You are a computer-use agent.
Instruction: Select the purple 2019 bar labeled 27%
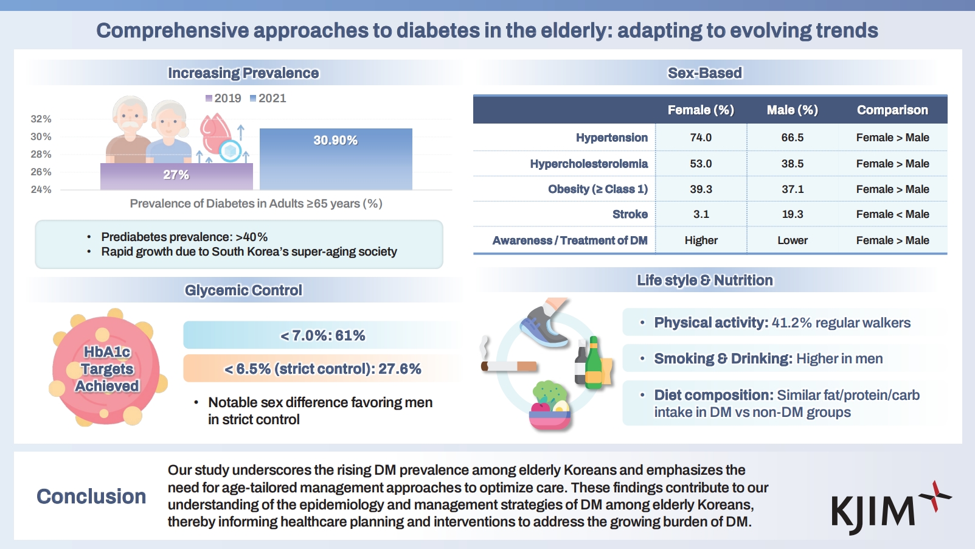tap(176, 176)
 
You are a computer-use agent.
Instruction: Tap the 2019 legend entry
tap(223, 99)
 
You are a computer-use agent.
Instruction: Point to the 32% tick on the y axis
tap(41, 119)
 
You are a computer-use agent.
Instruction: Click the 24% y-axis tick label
tap(41, 190)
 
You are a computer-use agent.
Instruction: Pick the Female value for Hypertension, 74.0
tap(701, 138)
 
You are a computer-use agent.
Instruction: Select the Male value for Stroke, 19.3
tap(793, 214)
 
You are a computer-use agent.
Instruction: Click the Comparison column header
tap(892, 110)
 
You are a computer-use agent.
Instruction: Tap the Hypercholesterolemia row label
tap(589, 164)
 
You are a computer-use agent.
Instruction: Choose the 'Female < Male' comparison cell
tap(892, 214)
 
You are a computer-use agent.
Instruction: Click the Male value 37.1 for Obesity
tap(793, 189)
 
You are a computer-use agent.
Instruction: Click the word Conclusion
tap(91, 497)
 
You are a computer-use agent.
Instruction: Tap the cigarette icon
tap(508, 366)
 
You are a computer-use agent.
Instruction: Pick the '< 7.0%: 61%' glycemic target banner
tap(322, 335)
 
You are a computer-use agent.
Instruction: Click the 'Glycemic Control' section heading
tap(243, 290)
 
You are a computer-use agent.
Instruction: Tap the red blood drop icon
tap(214, 134)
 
